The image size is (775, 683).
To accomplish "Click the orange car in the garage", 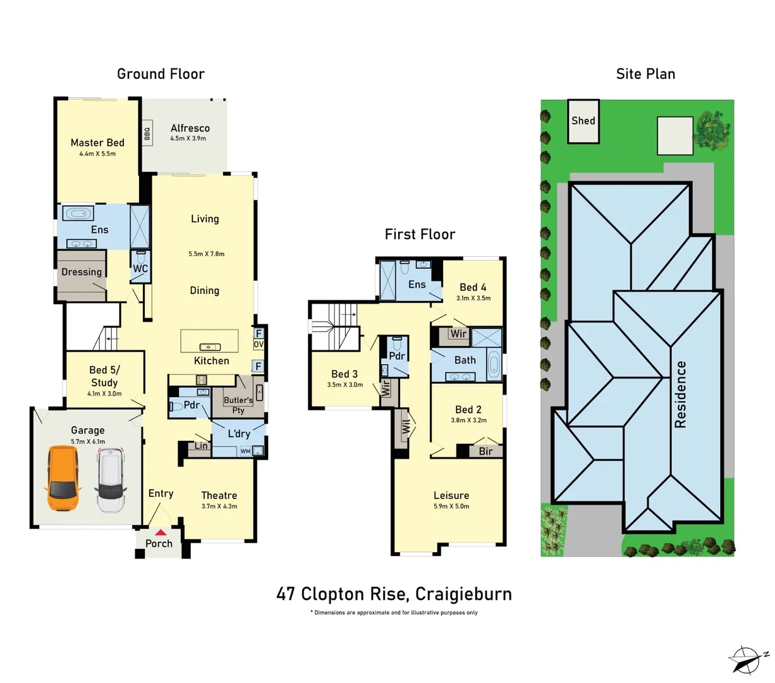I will tap(63, 479).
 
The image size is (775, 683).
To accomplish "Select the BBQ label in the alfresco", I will tap(147, 134).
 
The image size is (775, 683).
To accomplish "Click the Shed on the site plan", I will tap(583, 121).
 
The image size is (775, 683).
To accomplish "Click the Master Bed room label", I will tap(97, 143).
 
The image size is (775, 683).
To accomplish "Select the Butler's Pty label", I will tap(238, 405).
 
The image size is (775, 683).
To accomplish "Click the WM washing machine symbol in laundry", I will tap(245, 451).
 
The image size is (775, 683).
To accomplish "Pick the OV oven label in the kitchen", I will tap(259, 345).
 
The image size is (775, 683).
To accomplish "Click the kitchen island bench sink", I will tap(209, 347).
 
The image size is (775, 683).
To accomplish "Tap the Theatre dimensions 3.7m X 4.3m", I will tap(219, 507).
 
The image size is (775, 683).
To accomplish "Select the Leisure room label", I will tap(451, 495).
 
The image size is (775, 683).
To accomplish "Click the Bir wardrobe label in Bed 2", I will tap(485, 451).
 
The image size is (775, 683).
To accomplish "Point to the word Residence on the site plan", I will tap(680, 394).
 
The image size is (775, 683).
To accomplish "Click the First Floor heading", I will tap(420, 235).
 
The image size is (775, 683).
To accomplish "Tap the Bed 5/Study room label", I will tap(104, 376).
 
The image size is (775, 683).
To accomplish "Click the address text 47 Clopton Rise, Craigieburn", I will tap(394, 594).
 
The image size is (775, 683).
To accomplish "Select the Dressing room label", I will tap(82, 272).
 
